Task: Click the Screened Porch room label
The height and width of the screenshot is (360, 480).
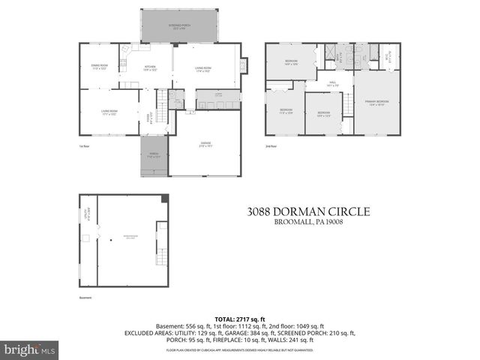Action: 179,25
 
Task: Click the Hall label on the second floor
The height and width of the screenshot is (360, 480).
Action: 331,84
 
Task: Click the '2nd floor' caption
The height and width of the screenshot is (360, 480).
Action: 271,146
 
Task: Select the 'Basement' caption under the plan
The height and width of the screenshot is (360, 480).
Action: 85,297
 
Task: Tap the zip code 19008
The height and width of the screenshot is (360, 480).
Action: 344,224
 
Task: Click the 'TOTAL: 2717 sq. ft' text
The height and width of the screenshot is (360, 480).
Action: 239,319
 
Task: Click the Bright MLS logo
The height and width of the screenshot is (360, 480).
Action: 30,349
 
